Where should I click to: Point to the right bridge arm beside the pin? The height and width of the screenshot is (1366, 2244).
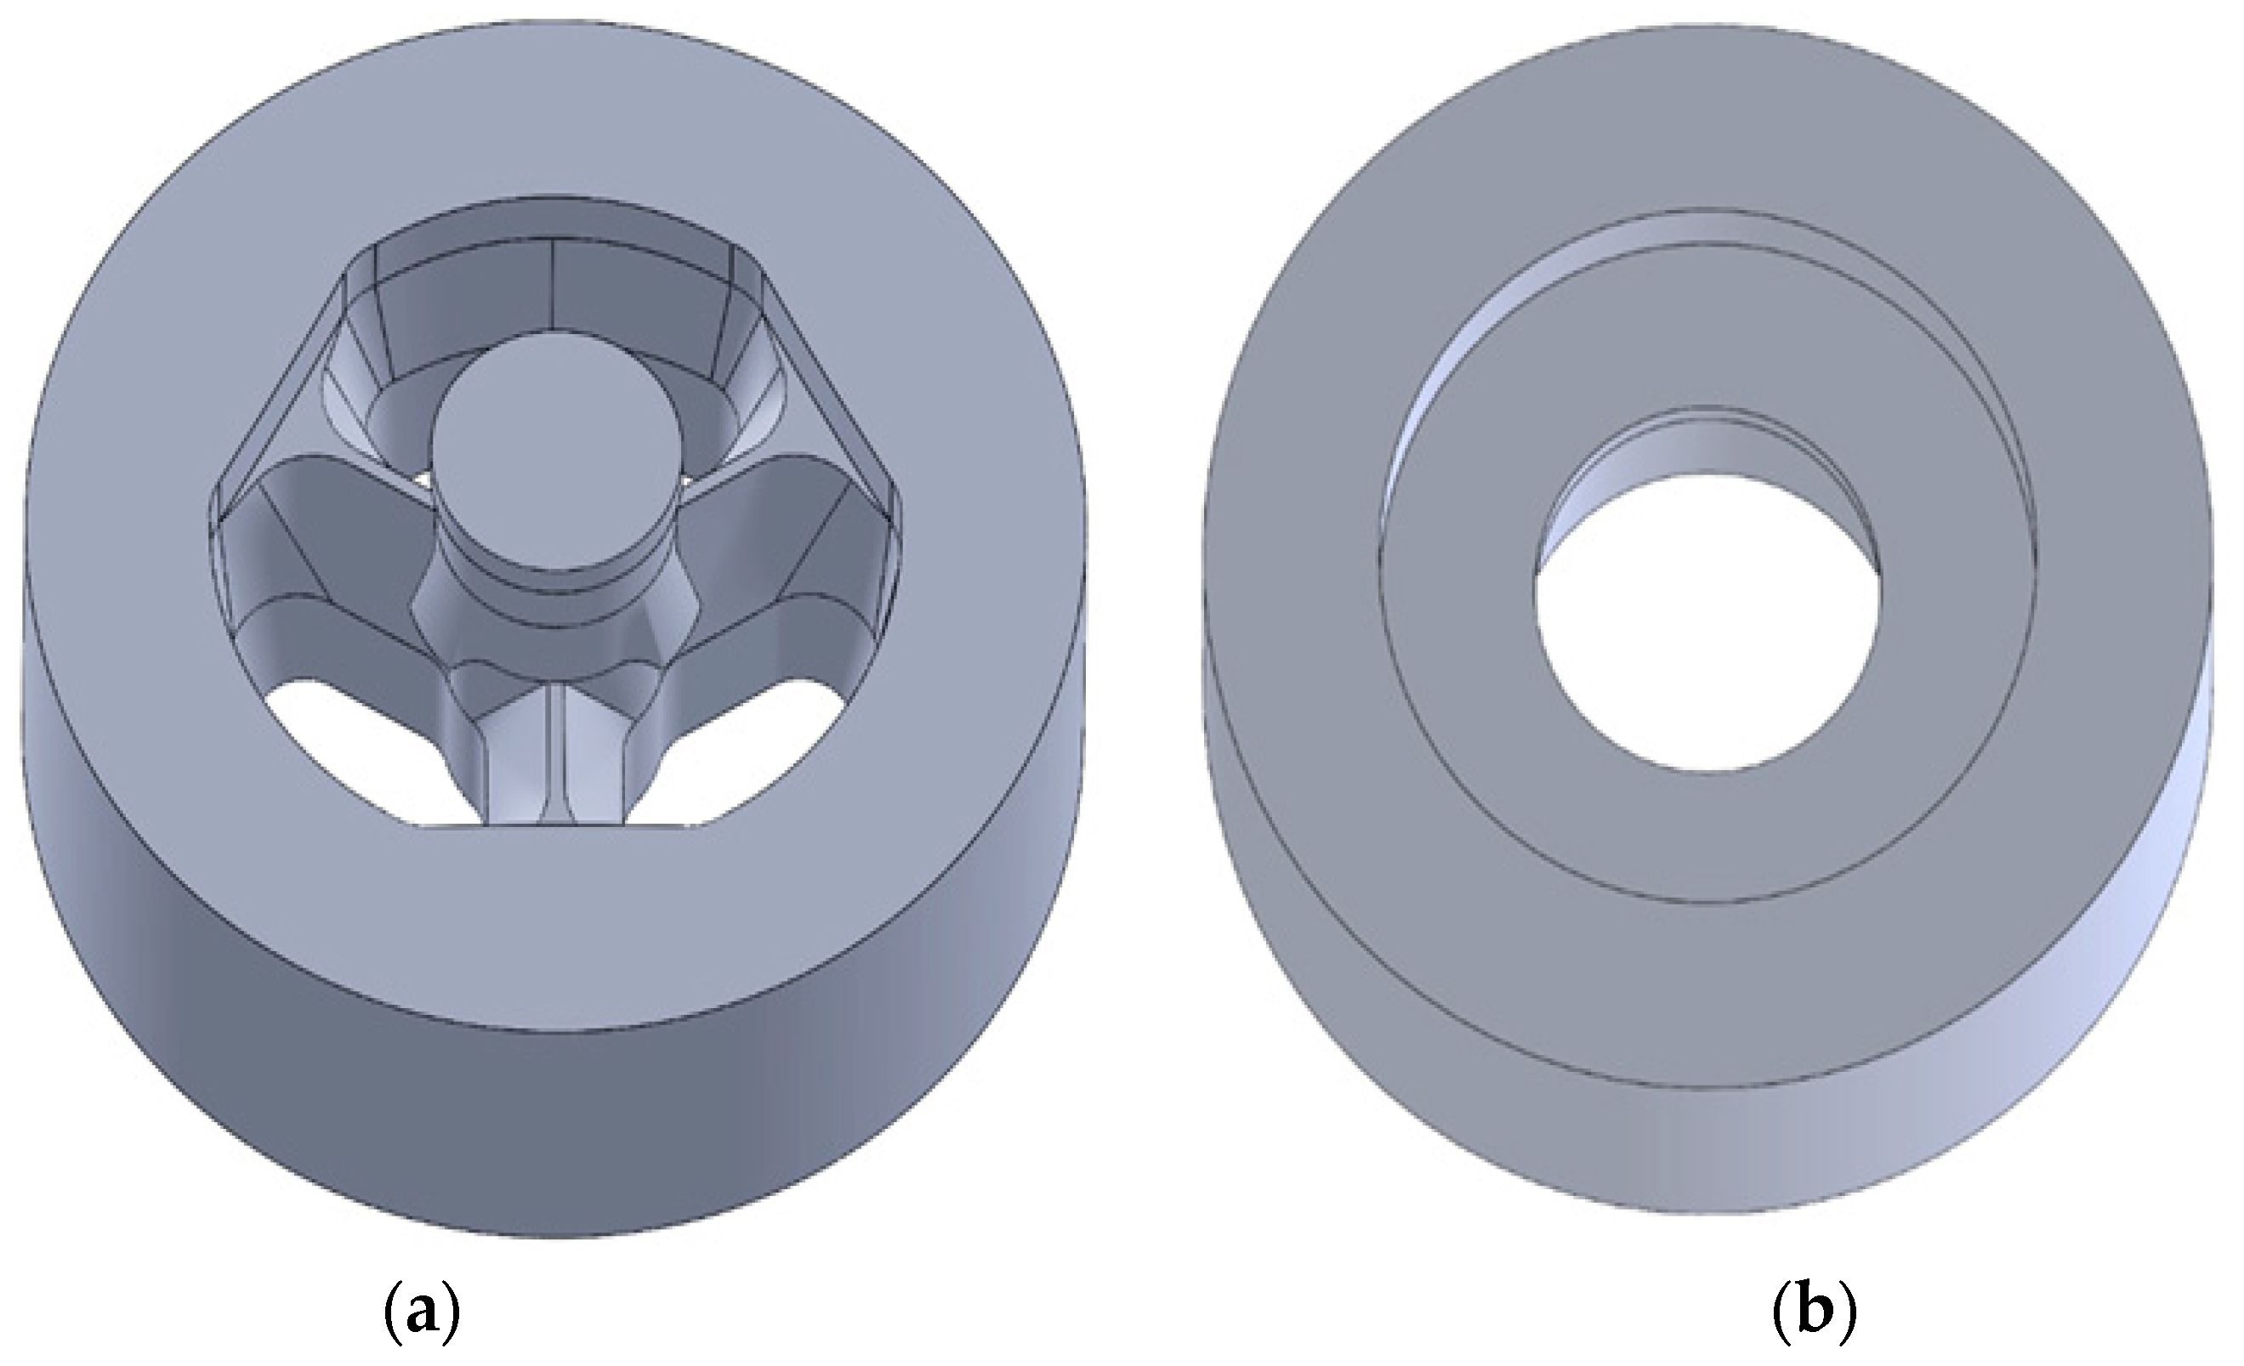click(774, 537)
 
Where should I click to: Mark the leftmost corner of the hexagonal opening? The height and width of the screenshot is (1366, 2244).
click(211, 524)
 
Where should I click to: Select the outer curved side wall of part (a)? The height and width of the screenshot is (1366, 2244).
click(547, 1138)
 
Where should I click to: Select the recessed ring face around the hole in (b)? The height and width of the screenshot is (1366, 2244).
click(1703, 838)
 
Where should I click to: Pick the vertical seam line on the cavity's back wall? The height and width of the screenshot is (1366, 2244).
click(554, 282)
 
